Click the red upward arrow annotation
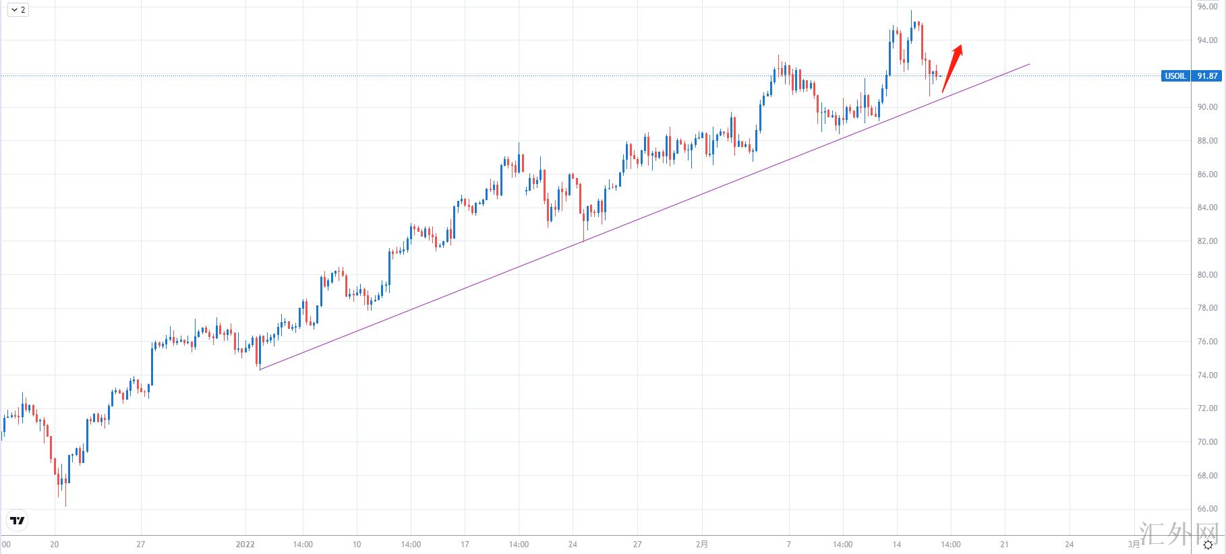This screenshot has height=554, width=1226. click(952, 67)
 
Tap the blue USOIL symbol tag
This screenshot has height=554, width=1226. click(1175, 76)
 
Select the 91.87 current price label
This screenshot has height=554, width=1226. click(1206, 76)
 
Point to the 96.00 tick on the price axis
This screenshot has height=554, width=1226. click(1207, 7)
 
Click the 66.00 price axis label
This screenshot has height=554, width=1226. click(1207, 509)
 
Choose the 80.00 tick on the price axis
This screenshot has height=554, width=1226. click(1207, 275)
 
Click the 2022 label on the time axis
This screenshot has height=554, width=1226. click(245, 545)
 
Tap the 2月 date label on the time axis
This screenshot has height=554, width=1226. click(702, 545)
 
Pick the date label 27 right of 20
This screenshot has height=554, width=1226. click(141, 545)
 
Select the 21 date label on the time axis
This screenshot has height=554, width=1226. click(1004, 545)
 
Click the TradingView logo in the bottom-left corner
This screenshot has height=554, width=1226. click(18, 520)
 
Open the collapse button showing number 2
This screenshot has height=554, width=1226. click(18, 9)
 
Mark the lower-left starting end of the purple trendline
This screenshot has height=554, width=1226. click(260, 369)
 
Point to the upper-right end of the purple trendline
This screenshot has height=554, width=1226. click(1029, 64)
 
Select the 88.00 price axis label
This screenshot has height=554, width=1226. click(1207, 141)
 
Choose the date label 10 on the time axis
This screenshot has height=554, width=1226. click(357, 545)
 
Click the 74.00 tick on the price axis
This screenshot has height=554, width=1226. click(1207, 375)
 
